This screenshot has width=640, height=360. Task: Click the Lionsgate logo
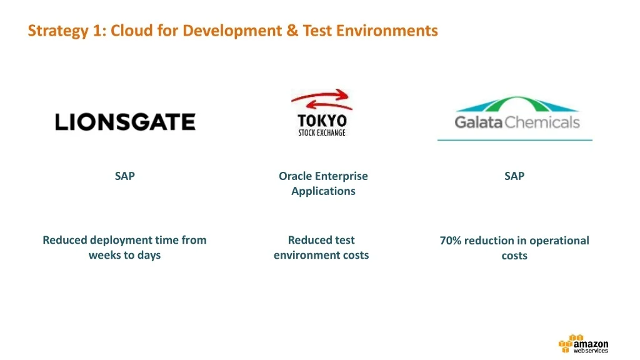point(125,122)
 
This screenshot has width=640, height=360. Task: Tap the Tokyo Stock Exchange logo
point(322,112)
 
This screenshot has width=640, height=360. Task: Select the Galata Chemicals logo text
point(517,122)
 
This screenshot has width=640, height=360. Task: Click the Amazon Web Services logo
point(583,344)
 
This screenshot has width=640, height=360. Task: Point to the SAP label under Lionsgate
point(124,176)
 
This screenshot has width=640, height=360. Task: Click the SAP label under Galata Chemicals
point(514,176)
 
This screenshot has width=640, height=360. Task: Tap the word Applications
point(323,191)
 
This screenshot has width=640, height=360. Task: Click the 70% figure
point(450,241)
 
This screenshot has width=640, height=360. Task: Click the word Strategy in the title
point(58,31)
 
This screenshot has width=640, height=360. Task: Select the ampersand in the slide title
point(292,31)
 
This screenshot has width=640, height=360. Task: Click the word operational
point(559,241)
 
